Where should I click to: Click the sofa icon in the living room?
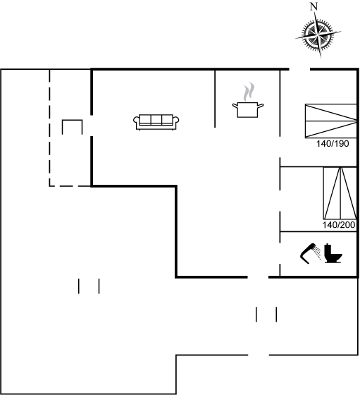(x=156, y=122)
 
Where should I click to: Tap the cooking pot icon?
(x=248, y=109)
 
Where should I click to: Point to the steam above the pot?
(x=249, y=92)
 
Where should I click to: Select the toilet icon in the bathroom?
(x=333, y=253)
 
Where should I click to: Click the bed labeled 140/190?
(x=331, y=121)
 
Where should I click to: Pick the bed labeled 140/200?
(x=340, y=193)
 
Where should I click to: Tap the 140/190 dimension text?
(x=333, y=144)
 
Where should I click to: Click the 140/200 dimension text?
(x=339, y=225)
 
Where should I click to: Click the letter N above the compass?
(x=314, y=7)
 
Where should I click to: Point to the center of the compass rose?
(x=318, y=35)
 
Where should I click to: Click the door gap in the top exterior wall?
(x=299, y=69)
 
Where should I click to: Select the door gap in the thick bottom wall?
(x=258, y=277)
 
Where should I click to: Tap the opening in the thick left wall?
(x=92, y=126)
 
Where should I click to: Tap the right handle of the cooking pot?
(x=261, y=106)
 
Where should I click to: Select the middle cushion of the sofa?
(x=156, y=119)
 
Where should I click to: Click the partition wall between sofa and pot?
(x=215, y=99)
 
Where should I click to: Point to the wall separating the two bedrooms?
(x=318, y=166)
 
